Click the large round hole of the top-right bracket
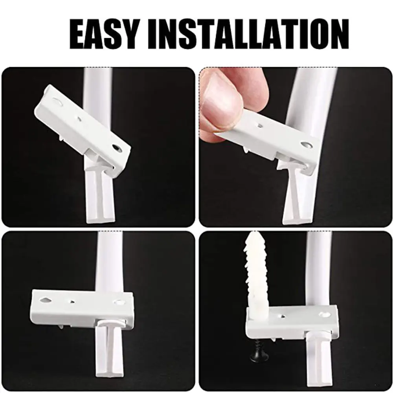pyautogui.click(x=306, y=145)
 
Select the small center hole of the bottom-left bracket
pyautogui.click(x=73, y=302)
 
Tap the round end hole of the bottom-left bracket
pyautogui.click(x=119, y=302)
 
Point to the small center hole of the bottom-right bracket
pyautogui.click(x=283, y=316)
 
